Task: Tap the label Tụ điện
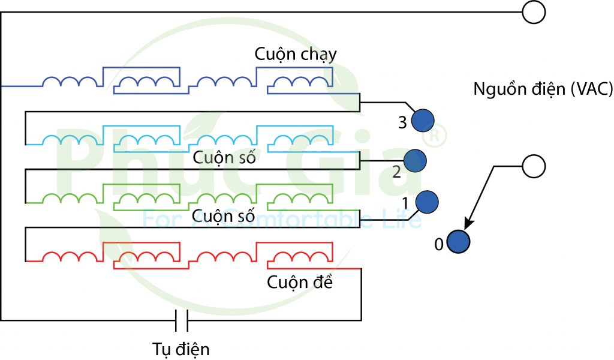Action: pyautogui.click(x=181, y=349)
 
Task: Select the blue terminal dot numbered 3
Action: pyautogui.click(x=423, y=121)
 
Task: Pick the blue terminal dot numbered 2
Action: pyautogui.click(x=415, y=161)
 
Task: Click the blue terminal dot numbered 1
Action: pyautogui.click(x=427, y=202)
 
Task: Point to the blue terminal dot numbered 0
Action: pyautogui.click(x=459, y=242)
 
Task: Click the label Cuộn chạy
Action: pyautogui.click(x=296, y=54)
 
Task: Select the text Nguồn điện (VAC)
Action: pyautogui.click(x=543, y=89)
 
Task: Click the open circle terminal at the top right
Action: pyautogui.click(x=533, y=12)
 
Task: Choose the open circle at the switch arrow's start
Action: pyautogui.click(x=533, y=167)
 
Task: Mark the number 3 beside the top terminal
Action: pyautogui.click(x=403, y=122)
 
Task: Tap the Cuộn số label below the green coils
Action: pyautogui.click(x=224, y=214)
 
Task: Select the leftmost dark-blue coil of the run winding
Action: pyautogui.click(x=69, y=82)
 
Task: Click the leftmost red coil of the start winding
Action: pyautogui.click(x=69, y=256)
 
